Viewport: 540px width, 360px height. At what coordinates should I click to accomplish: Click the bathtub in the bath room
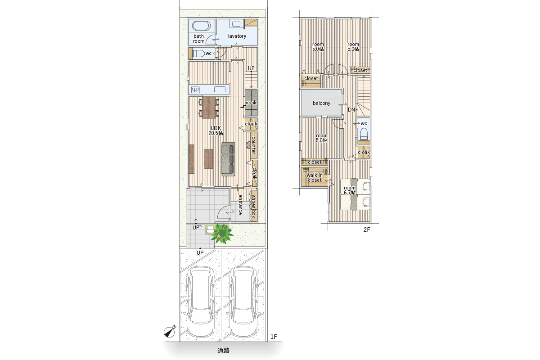click(201, 26)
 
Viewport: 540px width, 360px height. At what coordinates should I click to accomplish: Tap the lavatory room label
click(237, 36)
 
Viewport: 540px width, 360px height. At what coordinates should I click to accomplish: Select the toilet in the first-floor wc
click(198, 53)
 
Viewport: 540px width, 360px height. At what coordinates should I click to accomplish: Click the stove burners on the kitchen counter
click(195, 90)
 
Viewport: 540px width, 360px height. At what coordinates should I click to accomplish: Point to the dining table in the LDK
click(209, 108)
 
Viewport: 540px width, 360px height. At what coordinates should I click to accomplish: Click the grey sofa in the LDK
click(228, 159)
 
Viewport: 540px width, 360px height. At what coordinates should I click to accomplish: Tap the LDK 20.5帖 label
click(216, 130)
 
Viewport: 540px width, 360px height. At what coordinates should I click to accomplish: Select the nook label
click(251, 103)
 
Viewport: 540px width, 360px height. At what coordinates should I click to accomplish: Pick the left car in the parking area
click(201, 301)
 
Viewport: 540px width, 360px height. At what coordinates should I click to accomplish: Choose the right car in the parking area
click(243, 301)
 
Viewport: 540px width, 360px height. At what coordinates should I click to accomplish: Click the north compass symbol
click(170, 332)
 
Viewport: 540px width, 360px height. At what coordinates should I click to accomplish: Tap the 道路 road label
click(224, 351)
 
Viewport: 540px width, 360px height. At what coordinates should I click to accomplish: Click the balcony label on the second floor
click(321, 103)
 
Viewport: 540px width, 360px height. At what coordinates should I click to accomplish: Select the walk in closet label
click(315, 178)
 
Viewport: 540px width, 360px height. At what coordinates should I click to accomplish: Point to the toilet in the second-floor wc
click(364, 134)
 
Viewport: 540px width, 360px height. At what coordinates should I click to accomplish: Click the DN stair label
click(351, 110)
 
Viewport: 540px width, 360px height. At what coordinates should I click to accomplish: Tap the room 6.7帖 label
click(350, 190)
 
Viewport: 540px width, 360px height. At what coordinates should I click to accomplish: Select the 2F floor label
click(367, 230)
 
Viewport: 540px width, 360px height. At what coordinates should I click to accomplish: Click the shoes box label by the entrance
click(253, 207)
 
